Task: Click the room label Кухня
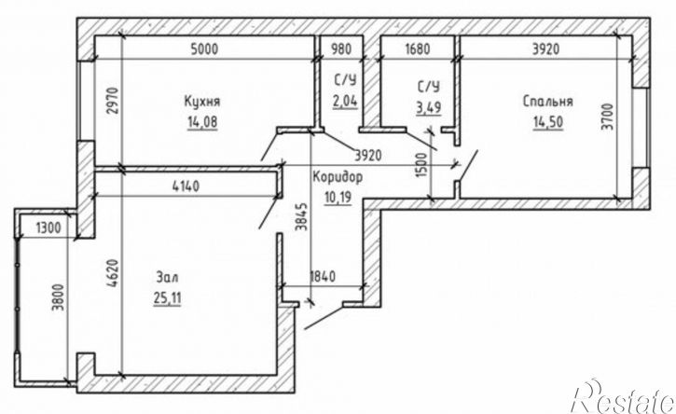pos(202,102)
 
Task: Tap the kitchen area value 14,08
pos(202,122)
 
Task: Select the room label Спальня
pos(548,102)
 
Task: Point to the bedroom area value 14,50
pos(548,122)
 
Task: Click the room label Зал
pos(167,277)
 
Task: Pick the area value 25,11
pos(167,298)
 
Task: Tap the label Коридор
pos(338,177)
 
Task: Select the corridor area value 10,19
pos(338,198)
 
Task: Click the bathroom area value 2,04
pos(345,102)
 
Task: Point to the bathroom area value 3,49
pos(429,107)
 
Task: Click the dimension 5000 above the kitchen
pos(204,48)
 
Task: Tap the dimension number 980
pos(340,48)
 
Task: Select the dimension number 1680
pos(418,48)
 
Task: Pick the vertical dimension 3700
pos(607,117)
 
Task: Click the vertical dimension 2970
pos(113,101)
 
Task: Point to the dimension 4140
pos(186,186)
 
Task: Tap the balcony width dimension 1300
pos(48,228)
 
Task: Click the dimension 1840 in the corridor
pos(323,276)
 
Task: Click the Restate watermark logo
pos(623,397)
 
